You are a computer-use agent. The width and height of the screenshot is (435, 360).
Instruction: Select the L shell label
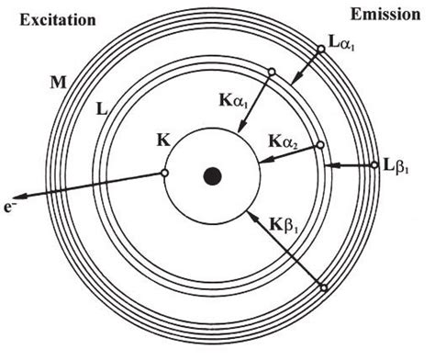pyautogui.click(x=102, y=108)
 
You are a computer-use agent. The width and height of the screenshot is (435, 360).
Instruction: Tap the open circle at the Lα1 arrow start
pyautogui.click(x=320, y=53)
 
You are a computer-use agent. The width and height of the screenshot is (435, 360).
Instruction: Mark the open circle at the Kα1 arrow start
pyautogui.click(x=271, y=73)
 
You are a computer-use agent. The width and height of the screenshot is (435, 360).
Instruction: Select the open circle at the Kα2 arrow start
pyautogui.click(x=319, y=145)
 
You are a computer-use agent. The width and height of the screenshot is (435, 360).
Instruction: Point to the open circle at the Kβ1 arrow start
pyautogui.click(x=322, y=287)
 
